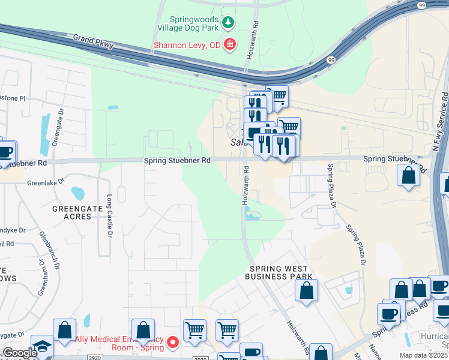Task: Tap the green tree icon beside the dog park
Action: [228, 23]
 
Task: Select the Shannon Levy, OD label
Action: [187, 44]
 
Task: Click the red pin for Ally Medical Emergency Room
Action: [173, 343]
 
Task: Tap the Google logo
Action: [19, 353]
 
